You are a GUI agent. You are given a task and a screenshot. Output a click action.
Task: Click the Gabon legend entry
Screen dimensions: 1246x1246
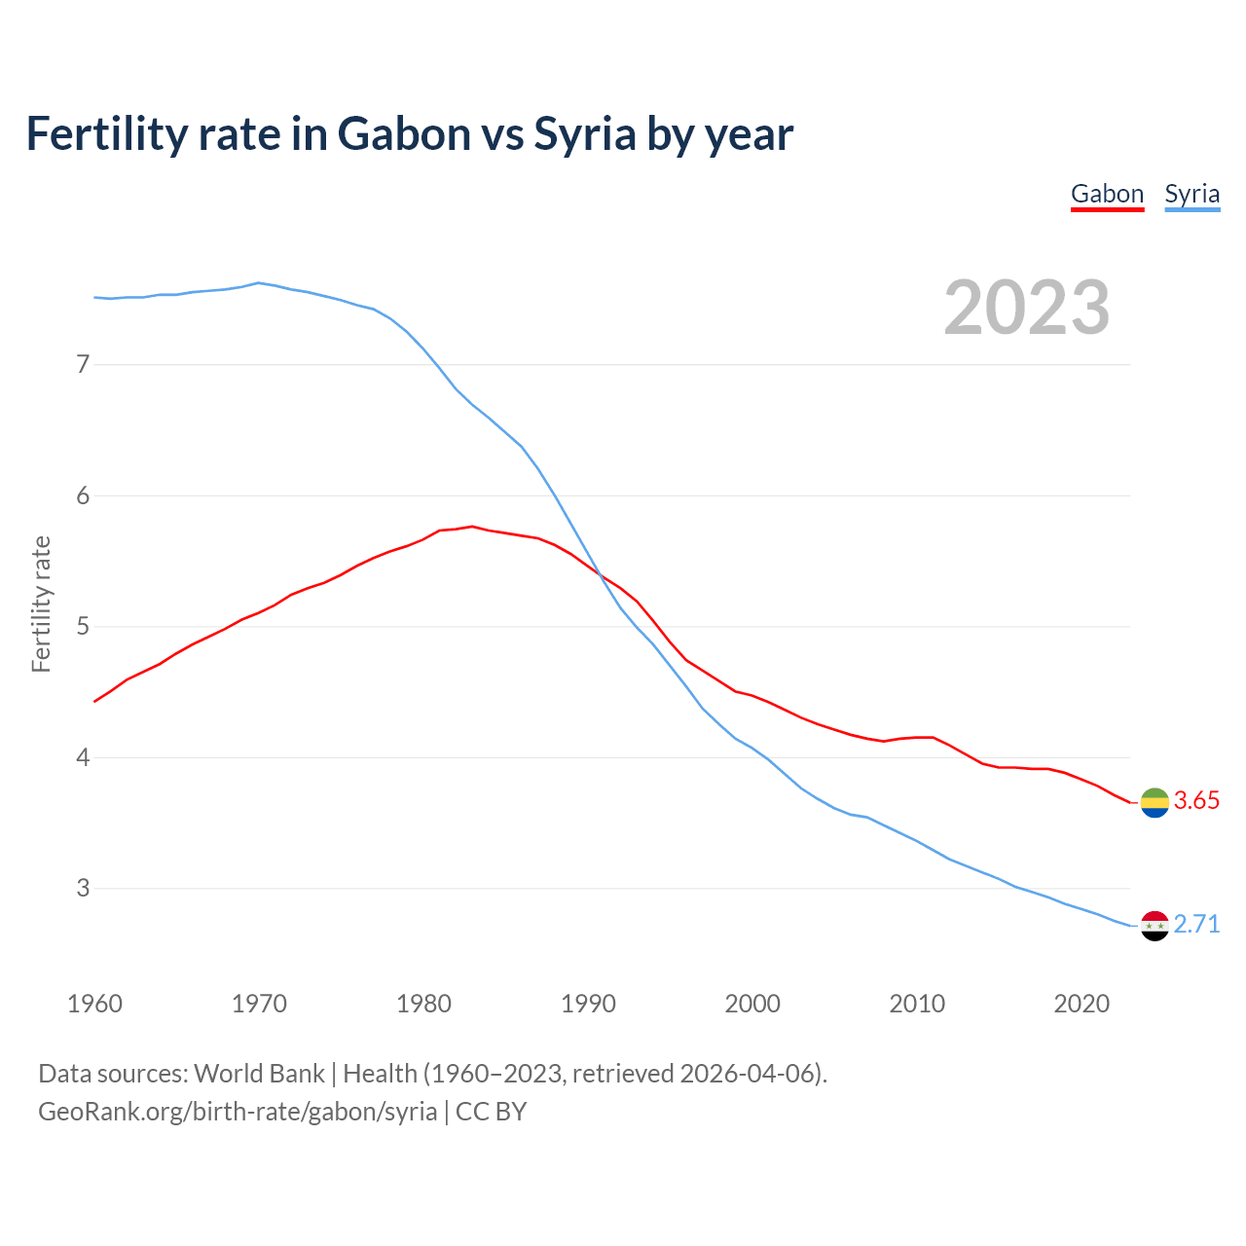(x=1107, y=194)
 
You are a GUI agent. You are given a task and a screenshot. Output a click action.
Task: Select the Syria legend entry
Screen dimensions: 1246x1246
(x=1191, y=194)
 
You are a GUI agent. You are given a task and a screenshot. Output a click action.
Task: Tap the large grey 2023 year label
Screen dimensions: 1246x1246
(x=1027, y=308)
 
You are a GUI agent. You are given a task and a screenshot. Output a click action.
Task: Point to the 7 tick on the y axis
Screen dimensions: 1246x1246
(x=83, y=364)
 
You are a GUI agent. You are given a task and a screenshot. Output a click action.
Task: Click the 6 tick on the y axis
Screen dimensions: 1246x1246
(x=83, y=495)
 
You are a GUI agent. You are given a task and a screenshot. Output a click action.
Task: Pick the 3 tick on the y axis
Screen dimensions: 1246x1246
(x=83, y=888)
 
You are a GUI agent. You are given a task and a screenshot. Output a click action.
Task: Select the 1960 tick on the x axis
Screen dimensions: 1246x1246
(x=94, y=1004)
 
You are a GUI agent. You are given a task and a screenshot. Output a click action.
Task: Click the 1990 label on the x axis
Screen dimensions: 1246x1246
(x=588, y=1004)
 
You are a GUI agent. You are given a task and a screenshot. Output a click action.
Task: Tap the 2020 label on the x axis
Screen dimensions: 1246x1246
(x=1081, y=1004)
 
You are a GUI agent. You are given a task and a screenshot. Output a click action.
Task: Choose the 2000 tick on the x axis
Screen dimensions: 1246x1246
(x=752, y=1004)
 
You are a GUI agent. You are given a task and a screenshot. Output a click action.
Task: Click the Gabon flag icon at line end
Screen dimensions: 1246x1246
(x=1154, y=802)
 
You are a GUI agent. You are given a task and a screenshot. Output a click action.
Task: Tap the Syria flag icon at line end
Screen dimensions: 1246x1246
(x=1154, y=926)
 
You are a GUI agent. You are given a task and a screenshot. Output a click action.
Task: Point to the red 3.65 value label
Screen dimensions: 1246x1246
(x=1196, y=801)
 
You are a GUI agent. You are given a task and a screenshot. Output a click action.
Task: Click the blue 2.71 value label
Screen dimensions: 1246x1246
(x=1196, y=924)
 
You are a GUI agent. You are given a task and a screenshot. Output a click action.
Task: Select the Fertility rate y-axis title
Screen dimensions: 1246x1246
(x=41, y=604)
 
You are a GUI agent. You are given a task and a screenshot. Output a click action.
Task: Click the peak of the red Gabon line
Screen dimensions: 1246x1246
(x=472, y=526)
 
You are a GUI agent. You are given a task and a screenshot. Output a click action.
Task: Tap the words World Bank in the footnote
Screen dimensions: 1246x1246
(x=259, y=1074)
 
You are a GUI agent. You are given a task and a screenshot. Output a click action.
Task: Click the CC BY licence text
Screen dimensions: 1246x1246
(x=491, y=1112)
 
